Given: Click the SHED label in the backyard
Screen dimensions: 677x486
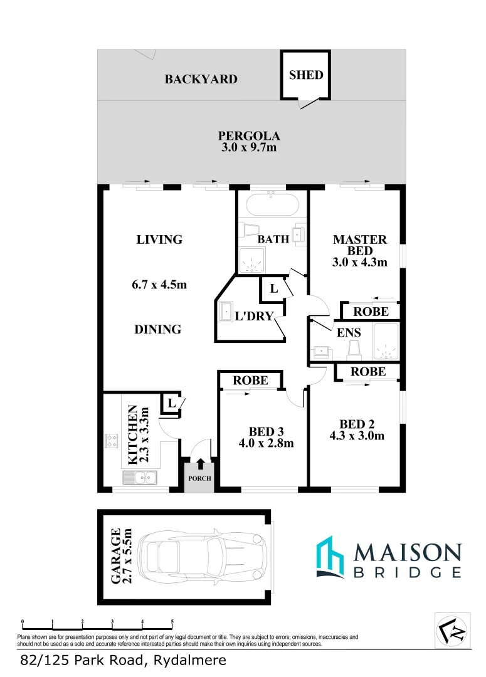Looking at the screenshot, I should point(306,75).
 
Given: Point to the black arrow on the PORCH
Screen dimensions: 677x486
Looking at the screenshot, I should point(200,464).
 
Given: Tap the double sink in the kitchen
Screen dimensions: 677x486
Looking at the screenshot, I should point(141,478).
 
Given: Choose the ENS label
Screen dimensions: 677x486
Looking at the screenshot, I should point(349,333).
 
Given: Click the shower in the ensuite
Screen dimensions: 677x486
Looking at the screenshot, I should point(386,344).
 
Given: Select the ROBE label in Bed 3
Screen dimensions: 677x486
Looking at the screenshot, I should point(250,380).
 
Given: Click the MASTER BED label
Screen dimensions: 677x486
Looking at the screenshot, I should point(360,244).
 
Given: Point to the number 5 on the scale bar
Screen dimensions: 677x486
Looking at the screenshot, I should point(172,622).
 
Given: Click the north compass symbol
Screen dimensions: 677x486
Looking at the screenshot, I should point(452,629).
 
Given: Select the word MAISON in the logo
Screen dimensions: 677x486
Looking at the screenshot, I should point(408,552).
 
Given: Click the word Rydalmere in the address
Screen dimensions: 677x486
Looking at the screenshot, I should point(186,660).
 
